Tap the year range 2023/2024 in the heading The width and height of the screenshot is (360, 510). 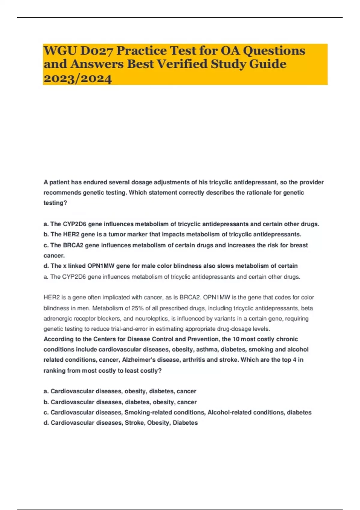[x=78, y=79]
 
